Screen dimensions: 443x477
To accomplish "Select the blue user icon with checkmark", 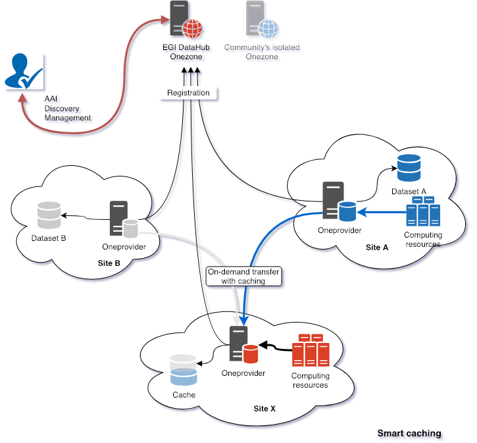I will coord(22,72).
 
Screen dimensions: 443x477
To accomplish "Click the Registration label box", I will coord(188,93).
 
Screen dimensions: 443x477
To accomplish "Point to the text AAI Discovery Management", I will coord(67,108).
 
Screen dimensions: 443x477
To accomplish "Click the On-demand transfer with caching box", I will coord(245,276).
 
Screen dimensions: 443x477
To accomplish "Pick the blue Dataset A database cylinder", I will coord(409,168).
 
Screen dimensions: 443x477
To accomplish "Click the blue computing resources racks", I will coord(422,213).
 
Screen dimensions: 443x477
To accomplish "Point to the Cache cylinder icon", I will coord(184,371).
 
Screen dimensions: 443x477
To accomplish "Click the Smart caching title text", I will coord(409,434).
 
